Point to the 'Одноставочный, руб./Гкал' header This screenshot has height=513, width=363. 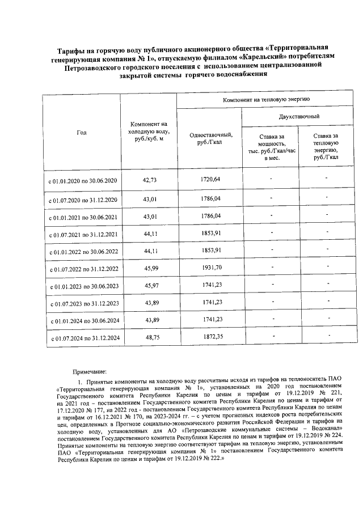pyautogui.click(x=209, y=138)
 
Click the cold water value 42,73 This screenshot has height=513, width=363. pyautogui.click(x=149, y=180)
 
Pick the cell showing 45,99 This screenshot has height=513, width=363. pyautogui.click(x=149, y=268)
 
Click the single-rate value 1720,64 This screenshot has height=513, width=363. pyautogui.click(x=209, y=179)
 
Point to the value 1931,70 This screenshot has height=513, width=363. pyautogui.click(x=209, y=266)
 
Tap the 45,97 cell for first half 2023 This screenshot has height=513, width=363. pyautogui.click(x=149, y=285)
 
